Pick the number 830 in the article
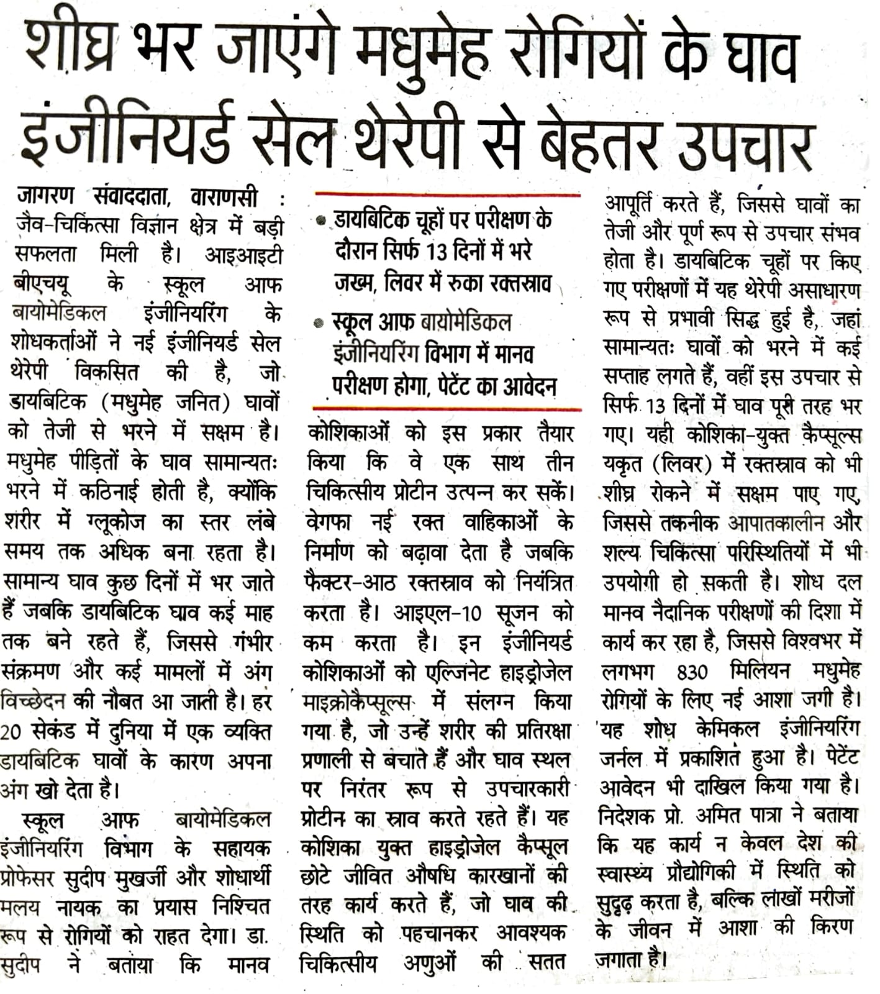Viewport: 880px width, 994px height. pyautogui.click(x=692, y=672)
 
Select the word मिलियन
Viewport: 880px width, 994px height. pyautogui.click(x=761, y=672)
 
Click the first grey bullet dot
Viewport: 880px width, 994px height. pyautogui.click(x=320, y=220)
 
